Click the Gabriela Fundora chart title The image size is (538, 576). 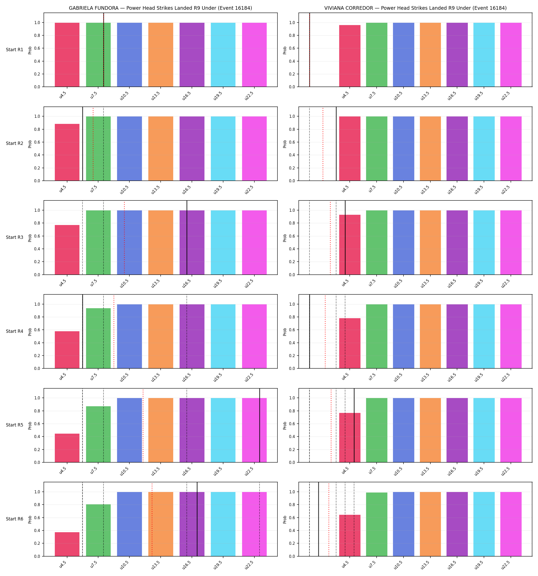(x=160, y=8)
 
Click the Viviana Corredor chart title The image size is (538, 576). (x=415, y=8)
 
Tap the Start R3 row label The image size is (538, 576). (x=15, y=237)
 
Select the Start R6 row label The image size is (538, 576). (x=15, y=519)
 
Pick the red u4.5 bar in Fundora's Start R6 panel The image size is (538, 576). (x=67, y=545)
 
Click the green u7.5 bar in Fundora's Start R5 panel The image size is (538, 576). (x=98, y=434)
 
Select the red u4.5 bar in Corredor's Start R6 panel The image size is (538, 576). (x=350, y=536)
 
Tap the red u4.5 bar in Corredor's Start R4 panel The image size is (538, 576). (x=350, y=343)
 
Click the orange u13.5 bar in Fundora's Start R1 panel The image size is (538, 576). (x=161, y=55)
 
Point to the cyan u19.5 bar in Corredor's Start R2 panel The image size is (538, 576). (x=484, y=149)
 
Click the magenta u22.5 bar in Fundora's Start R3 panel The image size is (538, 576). (x=254, y=242)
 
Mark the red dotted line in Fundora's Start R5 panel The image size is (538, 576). (x=143, y=426)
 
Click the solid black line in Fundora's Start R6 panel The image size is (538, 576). (x=197, y=519)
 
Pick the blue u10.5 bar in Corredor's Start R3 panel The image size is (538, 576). (x=403, y=242)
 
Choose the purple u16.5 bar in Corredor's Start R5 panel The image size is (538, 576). (x=457, y=430)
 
